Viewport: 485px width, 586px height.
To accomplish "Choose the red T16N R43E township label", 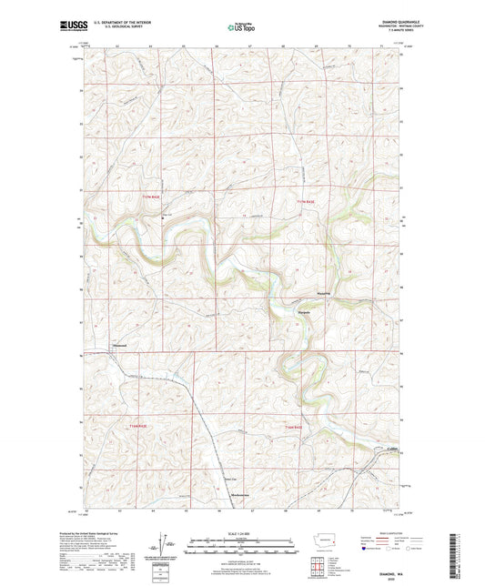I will [x=291, y=426].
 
